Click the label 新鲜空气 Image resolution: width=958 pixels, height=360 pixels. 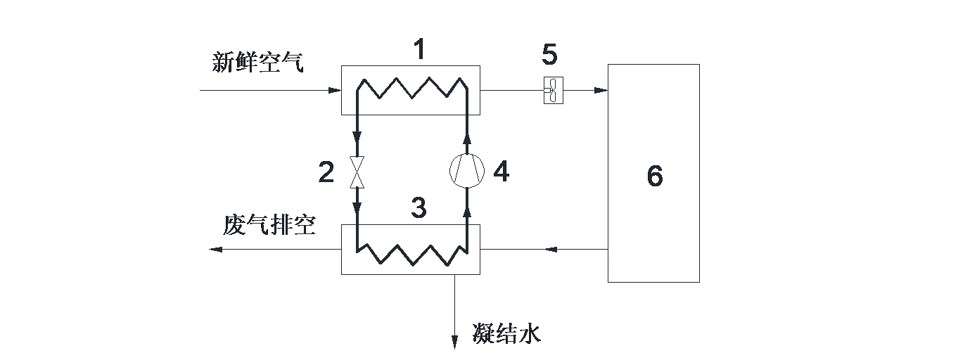coord(258,63)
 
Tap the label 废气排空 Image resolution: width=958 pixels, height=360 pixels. coord(269,225)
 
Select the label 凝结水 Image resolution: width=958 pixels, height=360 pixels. coord(506,333)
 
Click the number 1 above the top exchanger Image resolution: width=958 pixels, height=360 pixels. coord(419,50)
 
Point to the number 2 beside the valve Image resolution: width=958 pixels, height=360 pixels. coord(326,172)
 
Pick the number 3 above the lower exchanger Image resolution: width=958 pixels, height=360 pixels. coord(419,207)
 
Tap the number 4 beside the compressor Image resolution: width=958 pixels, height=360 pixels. coord(501,171)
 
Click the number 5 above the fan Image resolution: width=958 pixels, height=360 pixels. coord(549,54)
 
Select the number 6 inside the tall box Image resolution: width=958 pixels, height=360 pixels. coord(654,176)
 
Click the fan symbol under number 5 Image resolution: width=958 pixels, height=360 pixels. coord(554,91)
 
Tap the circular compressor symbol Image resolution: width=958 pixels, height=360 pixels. coord(468,171)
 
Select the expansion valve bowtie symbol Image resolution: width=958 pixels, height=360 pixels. coord(357,173)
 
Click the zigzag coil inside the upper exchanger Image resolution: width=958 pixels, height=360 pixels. coord(411,89)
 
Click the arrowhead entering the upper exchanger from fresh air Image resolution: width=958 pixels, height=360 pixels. coord(335,91)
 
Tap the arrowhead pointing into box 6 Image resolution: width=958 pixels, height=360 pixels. coord(601,91)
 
